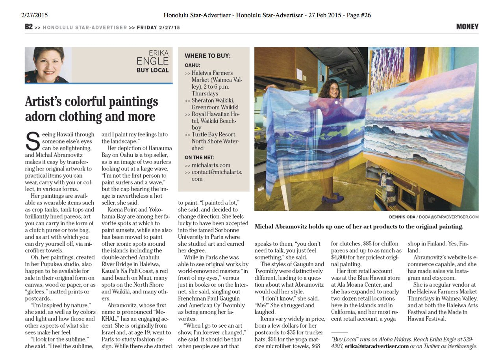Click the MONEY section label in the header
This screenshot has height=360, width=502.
pos(467,27)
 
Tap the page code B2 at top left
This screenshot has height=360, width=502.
pos(28,27)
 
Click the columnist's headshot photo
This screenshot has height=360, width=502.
pos(48,65)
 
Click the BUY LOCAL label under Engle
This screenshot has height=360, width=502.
pos(152,70)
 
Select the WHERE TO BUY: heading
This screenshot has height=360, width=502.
pos(207,56)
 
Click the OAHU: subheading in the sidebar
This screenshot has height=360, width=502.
pos(192,65)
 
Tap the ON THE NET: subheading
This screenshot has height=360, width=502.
pos(200,157)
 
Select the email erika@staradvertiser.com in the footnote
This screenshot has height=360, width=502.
pos(377,346)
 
